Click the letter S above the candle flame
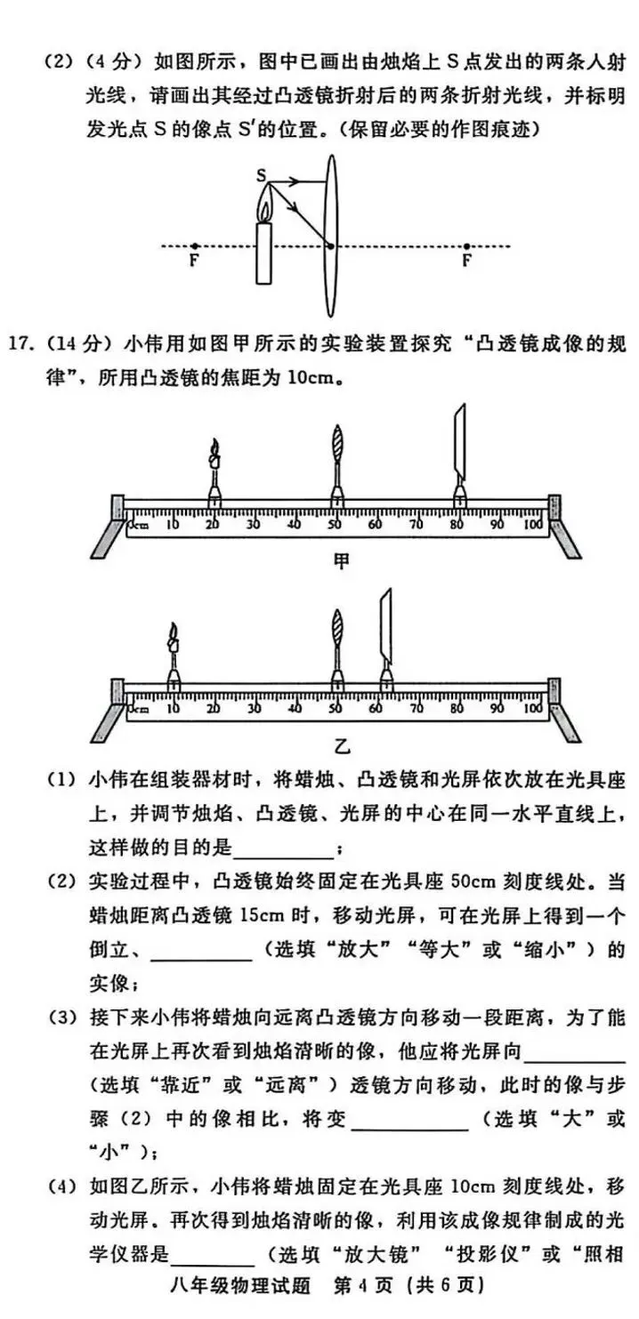tap(263, 176)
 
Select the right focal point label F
tap(466, 261)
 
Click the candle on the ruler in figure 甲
tap(214, 471)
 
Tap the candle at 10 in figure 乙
tap(174, 654)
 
